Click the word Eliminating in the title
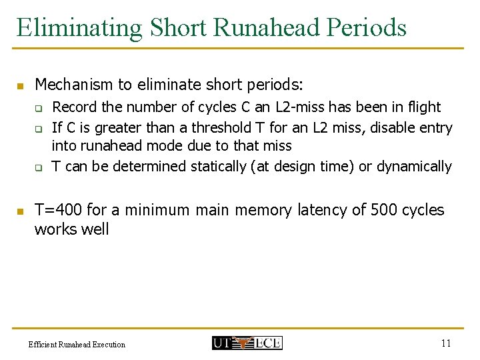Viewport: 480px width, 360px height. pos(79,28)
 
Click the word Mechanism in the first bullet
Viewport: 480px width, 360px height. pos(73,85)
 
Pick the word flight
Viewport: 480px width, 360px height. pos(424,107)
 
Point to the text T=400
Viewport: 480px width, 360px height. pos(58,210)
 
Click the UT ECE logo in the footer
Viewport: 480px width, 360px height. pos(247,343)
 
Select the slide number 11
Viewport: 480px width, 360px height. pos(446,343)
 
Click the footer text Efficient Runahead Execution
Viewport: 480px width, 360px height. pos(77,345)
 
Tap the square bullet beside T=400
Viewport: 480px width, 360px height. pos(20,211)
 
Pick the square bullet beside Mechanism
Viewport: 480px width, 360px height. pos(20,86)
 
